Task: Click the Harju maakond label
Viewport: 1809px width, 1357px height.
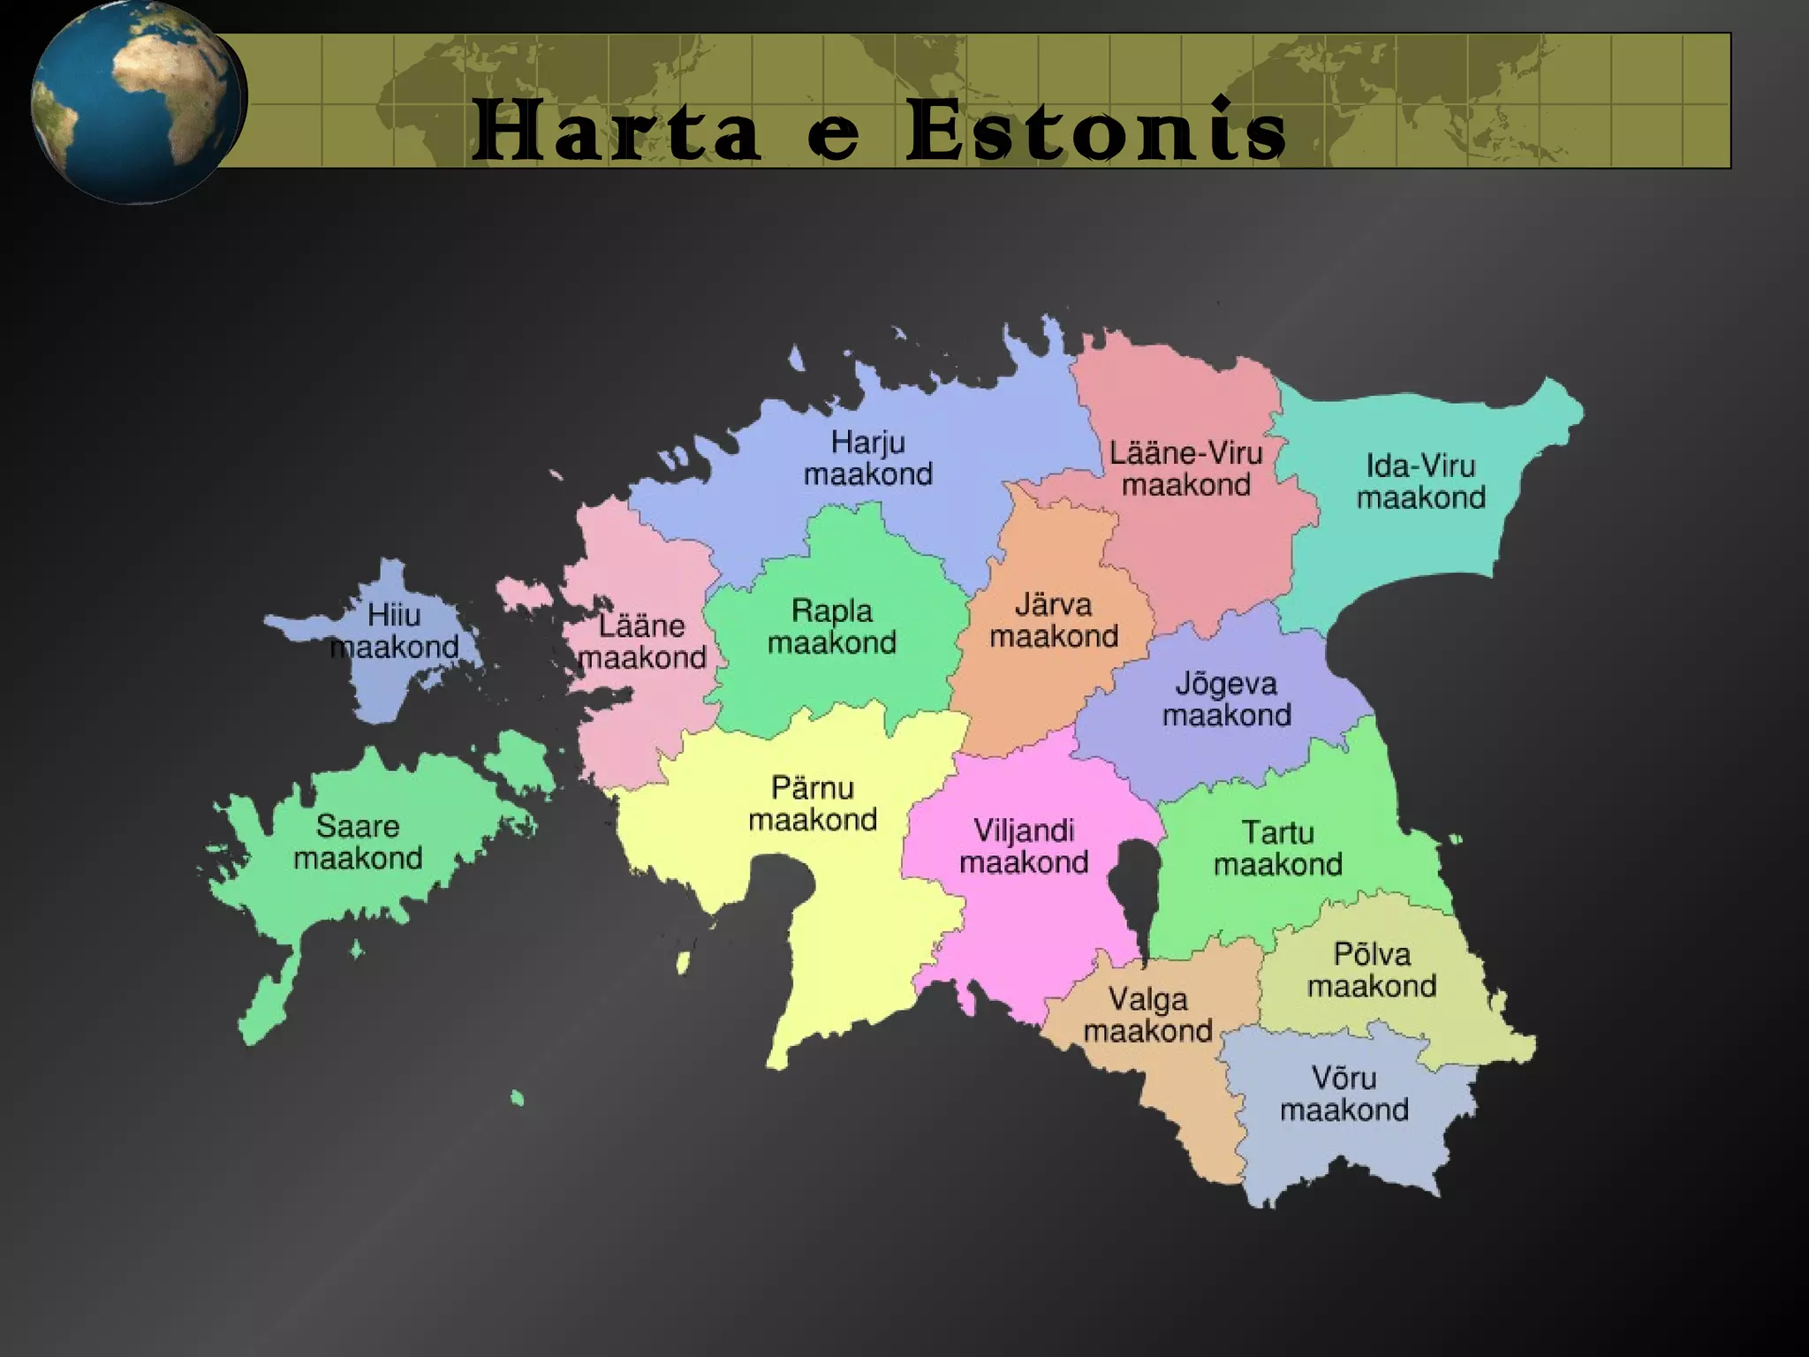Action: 868,459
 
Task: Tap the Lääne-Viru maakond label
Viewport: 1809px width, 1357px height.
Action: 1186,469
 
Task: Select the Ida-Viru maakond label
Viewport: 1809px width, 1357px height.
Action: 1420,481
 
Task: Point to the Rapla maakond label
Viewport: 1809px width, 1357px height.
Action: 831,626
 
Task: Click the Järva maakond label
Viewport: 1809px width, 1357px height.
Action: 1054,620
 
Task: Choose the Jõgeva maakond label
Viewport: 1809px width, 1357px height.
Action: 1226,699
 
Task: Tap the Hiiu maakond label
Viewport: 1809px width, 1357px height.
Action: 394,631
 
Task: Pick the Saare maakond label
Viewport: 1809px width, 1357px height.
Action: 358,842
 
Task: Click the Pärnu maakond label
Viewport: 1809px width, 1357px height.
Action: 813,804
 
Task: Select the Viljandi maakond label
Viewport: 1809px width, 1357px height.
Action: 1024,846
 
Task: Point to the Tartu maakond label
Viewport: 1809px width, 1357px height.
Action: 1278,848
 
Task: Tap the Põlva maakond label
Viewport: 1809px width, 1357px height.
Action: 1372,970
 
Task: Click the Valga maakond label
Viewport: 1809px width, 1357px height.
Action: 1147,1015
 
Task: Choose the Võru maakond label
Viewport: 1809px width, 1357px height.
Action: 1344,1094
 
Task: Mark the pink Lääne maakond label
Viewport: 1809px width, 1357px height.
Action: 642,641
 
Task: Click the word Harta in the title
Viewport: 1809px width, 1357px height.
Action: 616,133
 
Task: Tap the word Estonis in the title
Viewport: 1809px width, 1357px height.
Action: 1095,133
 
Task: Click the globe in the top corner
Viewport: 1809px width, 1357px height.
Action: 137,102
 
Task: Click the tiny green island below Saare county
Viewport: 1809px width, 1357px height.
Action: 517,1099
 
